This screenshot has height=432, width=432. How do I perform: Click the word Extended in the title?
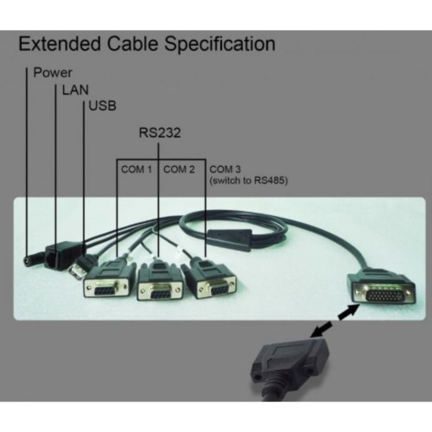tap(59, 44)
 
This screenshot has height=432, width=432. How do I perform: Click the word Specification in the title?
tap(220, 44)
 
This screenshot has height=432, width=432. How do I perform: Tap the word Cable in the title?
tap(133, 44)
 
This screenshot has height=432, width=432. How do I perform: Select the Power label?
tap(53, 73)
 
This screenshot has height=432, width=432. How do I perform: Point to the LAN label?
tap(75, 90)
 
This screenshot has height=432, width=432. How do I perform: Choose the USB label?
tap(103, 106)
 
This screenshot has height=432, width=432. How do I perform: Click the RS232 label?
tap(160, 133)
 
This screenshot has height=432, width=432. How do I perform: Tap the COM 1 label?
tap(136, 169)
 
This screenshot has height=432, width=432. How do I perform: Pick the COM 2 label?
tap(179, 169)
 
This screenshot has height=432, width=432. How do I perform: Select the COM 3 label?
tap(225, 169)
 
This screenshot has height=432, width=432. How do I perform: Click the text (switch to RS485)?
tap(249, 181)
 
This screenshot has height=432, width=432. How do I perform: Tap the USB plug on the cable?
tap(78, 269)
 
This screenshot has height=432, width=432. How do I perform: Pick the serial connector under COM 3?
tap(211, 280)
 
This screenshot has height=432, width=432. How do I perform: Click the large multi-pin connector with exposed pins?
tap(382, 289)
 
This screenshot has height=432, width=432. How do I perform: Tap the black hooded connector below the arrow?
tap(289, 366)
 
